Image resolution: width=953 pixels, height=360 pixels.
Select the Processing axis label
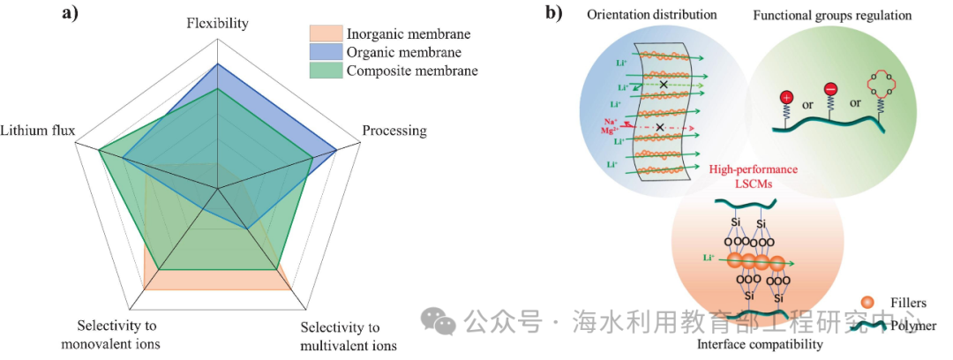coord(394,131)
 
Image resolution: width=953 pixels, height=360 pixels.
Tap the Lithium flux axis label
coord(38,131)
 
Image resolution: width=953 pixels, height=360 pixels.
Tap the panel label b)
coord(554,13)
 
